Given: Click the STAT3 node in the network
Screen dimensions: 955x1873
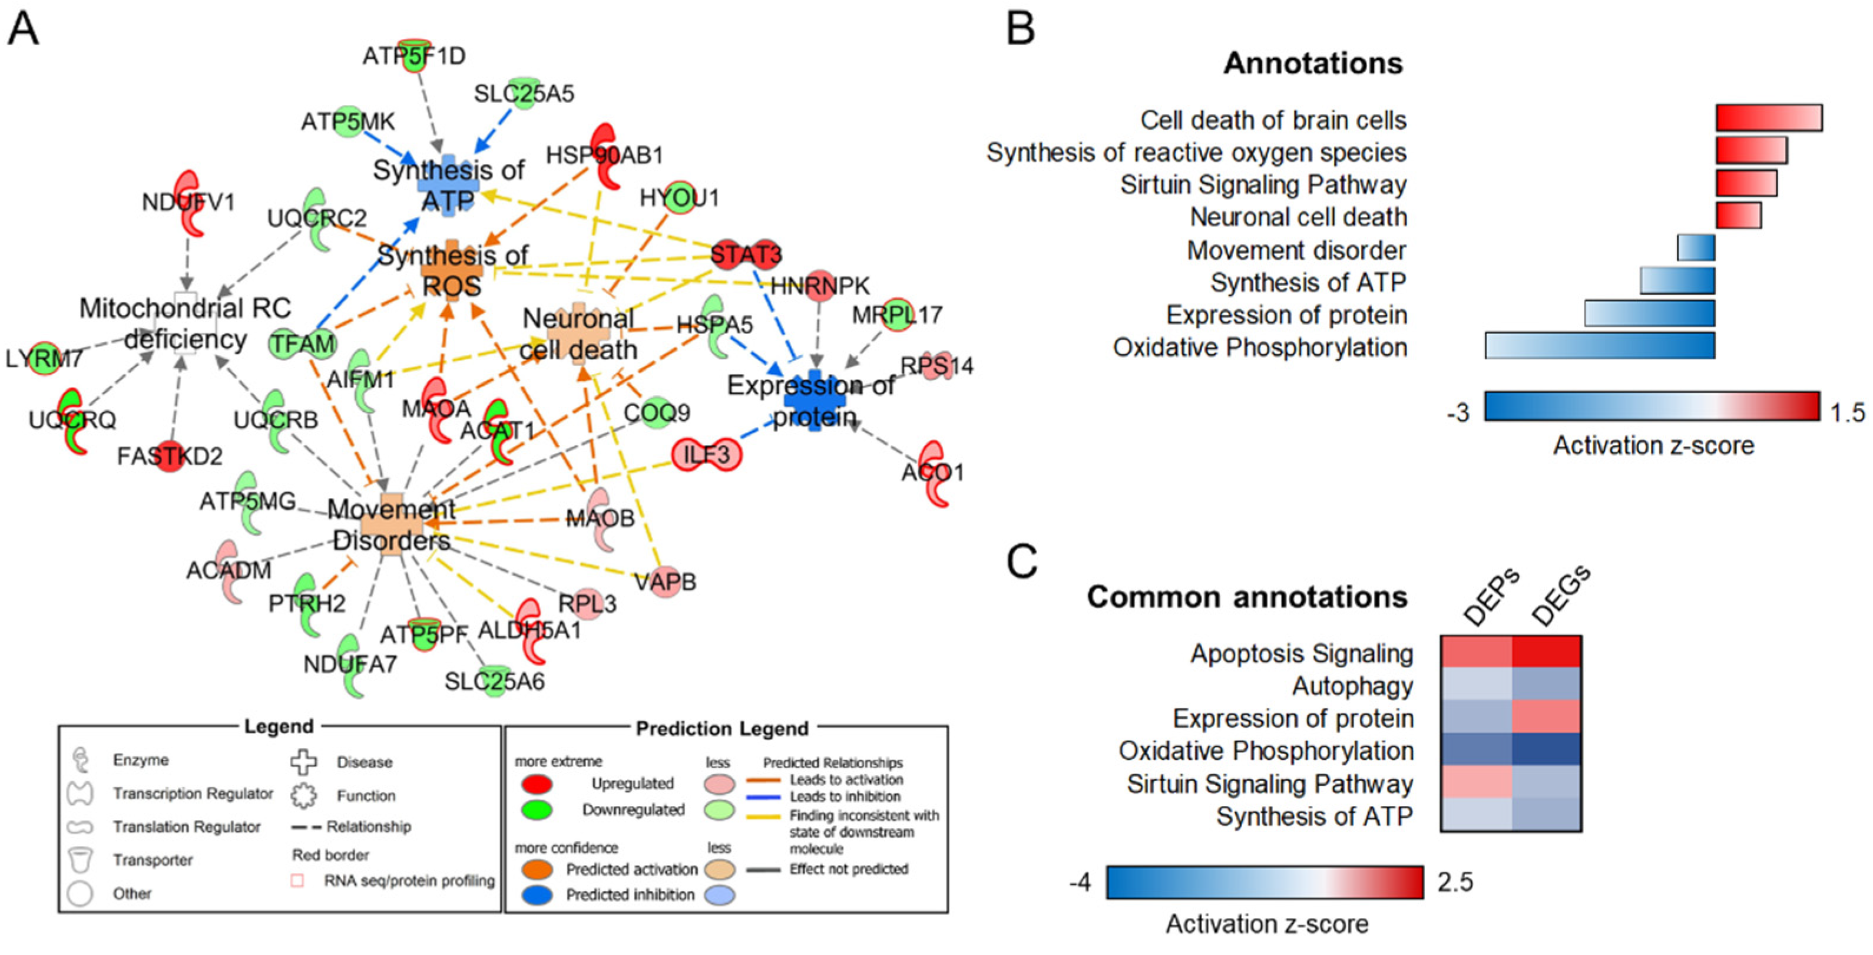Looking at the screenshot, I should click(745, 254).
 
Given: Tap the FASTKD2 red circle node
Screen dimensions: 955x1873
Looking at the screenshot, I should click(170, 456).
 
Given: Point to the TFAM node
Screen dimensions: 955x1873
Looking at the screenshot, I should click(303, 344).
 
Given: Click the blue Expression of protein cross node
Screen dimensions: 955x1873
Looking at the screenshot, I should click(815, 400).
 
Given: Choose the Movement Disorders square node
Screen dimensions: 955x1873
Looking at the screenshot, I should click(392, 525).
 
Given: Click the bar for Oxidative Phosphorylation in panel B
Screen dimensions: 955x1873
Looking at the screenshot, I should click(1600, 346).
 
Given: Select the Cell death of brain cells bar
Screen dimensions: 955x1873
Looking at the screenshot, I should click(1768, 118).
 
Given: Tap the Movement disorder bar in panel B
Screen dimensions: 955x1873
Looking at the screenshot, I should click(1696, 248).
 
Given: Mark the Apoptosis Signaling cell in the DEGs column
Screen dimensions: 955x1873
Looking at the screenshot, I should click(1546, 652).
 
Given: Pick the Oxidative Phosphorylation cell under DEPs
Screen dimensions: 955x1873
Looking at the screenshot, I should click(1476, 750).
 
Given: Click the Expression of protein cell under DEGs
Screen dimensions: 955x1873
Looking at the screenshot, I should click(1546, 717).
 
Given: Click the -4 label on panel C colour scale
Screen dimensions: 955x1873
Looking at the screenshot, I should click(1080, 883).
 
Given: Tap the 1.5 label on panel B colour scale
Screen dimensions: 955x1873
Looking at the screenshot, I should click(1847, 413).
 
